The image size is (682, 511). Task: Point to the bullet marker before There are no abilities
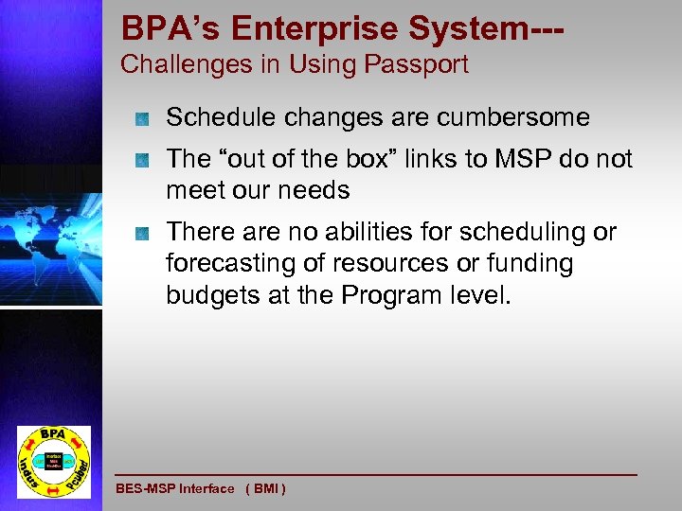coord(141,232)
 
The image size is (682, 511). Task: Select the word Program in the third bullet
coord(388,294)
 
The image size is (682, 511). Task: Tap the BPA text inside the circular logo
coord(54,434)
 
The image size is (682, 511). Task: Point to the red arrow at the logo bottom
coord(53,488)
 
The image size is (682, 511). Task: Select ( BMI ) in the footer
coord(266,488)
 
